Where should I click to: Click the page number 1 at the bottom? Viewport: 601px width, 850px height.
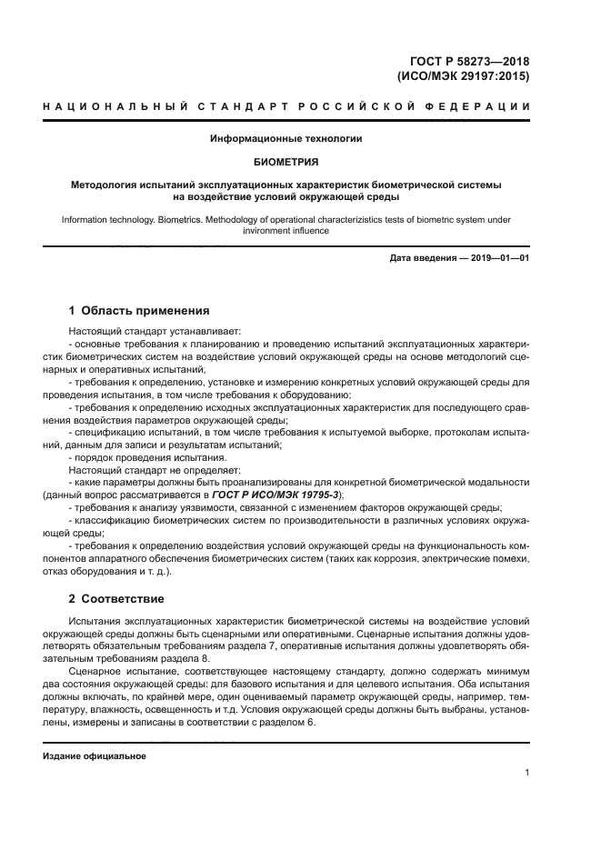click(527, 773)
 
